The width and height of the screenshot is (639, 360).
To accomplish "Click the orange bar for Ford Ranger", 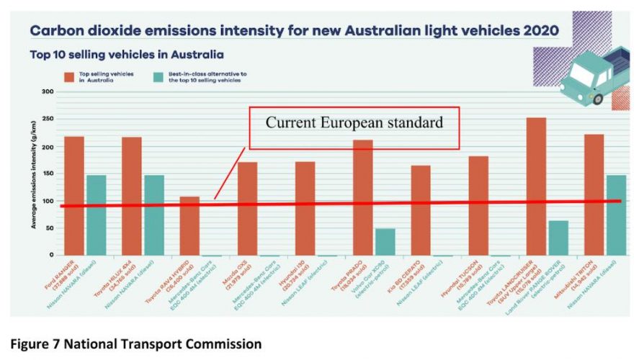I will tap(74, 195).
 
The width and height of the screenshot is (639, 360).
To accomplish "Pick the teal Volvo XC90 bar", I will tap(385, 242).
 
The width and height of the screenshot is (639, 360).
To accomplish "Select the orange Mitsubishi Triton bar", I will tap(594, 194).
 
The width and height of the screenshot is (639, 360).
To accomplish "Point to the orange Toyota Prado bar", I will tap(363, 197).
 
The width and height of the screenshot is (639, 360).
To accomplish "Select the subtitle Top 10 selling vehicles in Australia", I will tap(126, 55).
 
